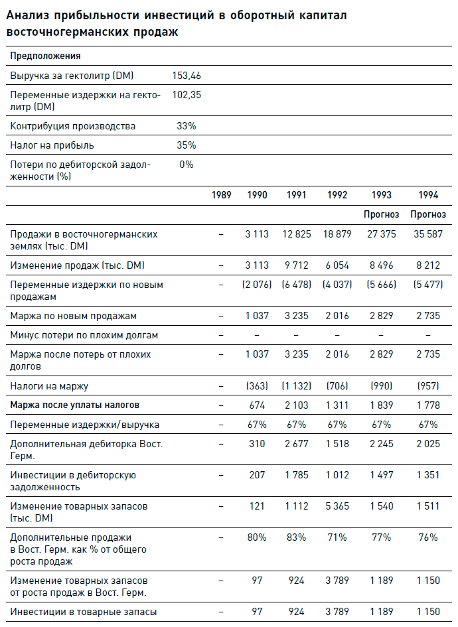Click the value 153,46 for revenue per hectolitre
(187, 76)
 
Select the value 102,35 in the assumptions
(187, 95)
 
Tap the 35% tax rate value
(187, 145)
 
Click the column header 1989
(222, 195)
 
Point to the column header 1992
(338, 195)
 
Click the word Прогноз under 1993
(382, 214)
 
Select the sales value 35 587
(425, 234)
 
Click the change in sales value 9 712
(296, 265)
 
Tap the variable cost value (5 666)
(382, 285)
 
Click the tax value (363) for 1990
(256, 385)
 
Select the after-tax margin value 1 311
(338, 405)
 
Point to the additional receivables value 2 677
(296, 444)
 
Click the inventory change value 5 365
(338, 506)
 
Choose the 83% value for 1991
(296, 537)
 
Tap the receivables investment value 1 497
(382, 475)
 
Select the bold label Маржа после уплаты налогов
(74, 405)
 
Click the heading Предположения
(45, 56)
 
